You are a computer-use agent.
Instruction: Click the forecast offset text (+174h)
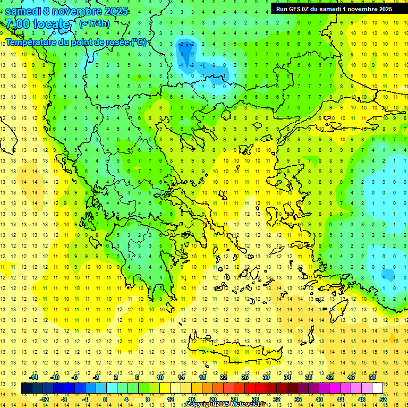94,23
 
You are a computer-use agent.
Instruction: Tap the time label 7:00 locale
38,24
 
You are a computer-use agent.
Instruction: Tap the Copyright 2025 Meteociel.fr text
225,404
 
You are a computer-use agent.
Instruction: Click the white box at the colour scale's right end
377,388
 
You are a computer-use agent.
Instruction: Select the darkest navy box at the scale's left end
27,388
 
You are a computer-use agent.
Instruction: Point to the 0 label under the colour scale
105,399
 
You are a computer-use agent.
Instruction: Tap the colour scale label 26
245,377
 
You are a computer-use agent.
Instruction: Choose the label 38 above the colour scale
308,377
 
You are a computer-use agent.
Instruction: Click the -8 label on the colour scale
64,399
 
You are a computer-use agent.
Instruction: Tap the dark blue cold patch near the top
186,51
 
